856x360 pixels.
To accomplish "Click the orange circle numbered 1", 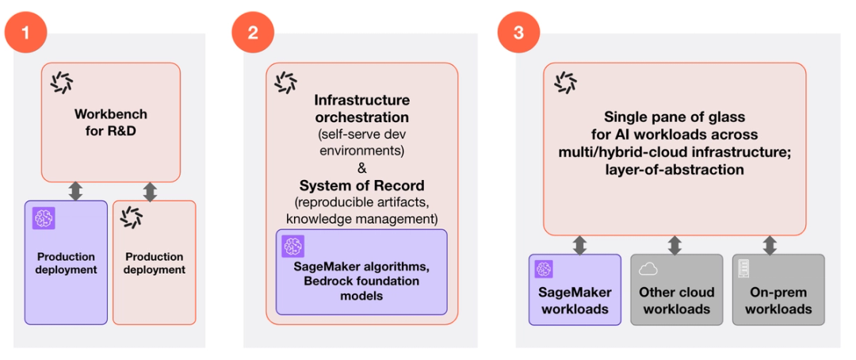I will point(26,33).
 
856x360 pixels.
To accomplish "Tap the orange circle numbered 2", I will point(253,33).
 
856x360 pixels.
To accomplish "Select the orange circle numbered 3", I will point(518,33).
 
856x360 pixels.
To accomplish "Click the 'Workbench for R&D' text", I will point(111,121).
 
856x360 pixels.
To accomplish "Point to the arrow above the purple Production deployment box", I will point(76,190).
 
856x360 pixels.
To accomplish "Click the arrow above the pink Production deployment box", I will point(150,190).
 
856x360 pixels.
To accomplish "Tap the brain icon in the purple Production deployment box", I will point(44,218).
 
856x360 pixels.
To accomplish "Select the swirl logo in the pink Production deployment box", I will point(132,218).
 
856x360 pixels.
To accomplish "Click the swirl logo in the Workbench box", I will point(61,82).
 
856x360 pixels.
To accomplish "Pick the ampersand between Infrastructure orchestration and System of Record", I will point(361,167).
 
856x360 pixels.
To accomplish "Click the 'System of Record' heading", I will point(361,185).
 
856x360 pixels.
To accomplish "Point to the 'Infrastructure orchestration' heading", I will point(361,108).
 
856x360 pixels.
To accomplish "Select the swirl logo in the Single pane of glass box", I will point(565,82).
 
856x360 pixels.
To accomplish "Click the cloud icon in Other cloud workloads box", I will point(648,268).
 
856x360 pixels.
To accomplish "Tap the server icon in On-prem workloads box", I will point(743,268).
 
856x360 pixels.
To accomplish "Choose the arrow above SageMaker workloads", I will point(579,244).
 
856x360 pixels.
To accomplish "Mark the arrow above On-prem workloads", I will point(770,244).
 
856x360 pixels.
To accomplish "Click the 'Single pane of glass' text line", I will point(674,117).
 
